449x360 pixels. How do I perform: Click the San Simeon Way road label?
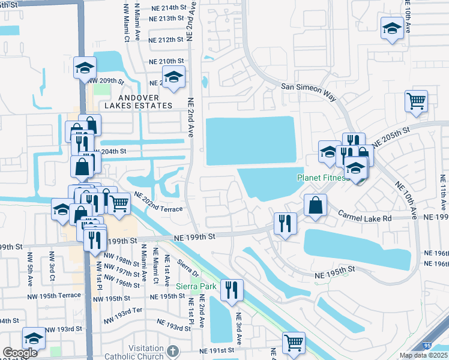306,87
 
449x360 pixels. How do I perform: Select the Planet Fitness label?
322,178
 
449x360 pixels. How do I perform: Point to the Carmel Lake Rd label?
364,214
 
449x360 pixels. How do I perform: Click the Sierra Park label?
196,286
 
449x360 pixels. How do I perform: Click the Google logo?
20,353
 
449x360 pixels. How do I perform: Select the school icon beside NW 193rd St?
34,339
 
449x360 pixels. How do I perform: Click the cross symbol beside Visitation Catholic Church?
172,350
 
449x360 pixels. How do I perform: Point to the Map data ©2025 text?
423,355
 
